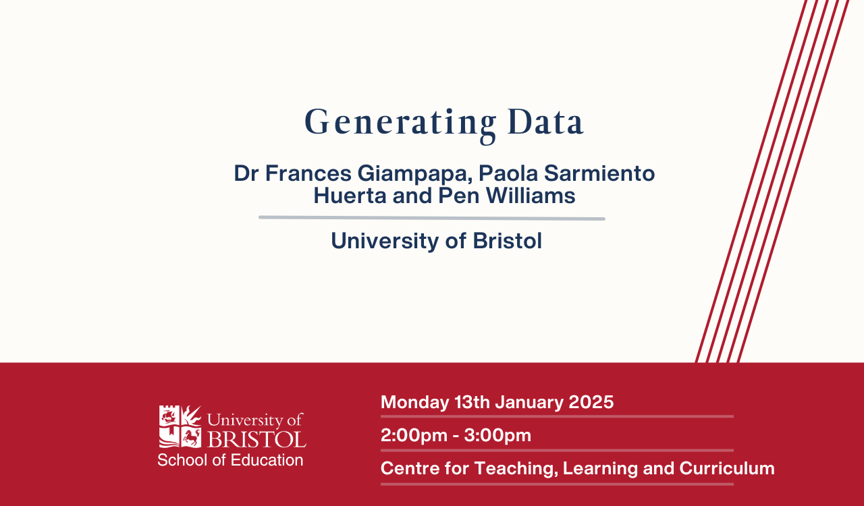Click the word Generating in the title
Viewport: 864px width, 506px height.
pyautogui.click(x=400, y=125)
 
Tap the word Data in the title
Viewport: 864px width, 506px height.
pyautogui.click(x=545, y=122)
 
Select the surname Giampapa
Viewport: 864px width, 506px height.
pyautogui.click(x=415, y=174)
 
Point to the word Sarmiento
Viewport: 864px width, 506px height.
pyautogui.click(x=599, y=173)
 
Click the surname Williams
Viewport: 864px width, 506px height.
pyautogui.click(x=531, y=195)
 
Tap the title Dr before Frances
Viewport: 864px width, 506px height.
pyautogui.click(x=246, y=173)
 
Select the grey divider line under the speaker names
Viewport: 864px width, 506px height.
pyautogui.click(x=431, y=218)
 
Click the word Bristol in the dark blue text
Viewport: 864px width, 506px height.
pyautogui.click(x=508, y=241)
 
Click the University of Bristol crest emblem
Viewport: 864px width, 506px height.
pyautogui.click(x=180, y=426)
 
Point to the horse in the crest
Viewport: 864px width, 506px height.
pyautogui.click(x=191, y=437)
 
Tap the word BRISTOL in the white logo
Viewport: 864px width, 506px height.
pyautogui.click(x=257, y=439)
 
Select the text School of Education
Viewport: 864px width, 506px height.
pyautogui.click(x=230, y=460)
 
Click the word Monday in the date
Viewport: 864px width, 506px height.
pyautogui.click(x=415, y=403)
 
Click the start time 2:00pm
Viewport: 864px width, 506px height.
pyautogui.click(x=414, y=436)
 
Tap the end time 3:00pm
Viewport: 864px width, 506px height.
pyautogui.click(x=497, y=436)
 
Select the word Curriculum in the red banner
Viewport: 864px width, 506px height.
pyautogui.click(x=727, y=468)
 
